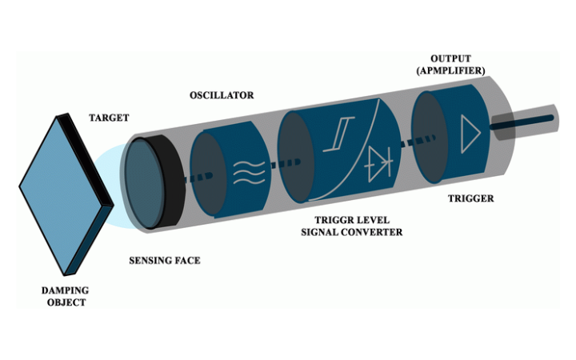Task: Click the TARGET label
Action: click(110, 118)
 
